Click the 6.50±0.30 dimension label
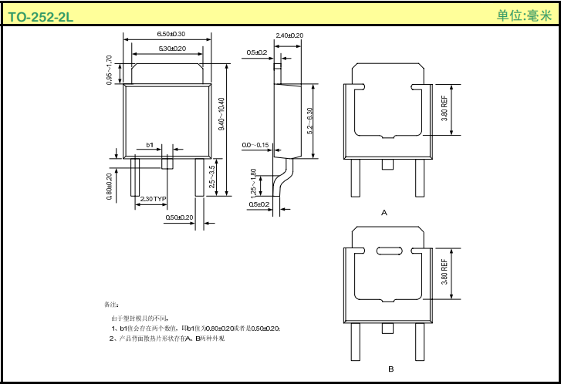171,35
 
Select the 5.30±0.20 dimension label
171,49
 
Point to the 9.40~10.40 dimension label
221,113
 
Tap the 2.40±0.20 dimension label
289,35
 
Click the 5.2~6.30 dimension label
310,122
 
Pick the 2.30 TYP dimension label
154,199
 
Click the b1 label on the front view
150,145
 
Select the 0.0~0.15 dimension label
255,145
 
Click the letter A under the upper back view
384,211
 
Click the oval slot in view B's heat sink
389,250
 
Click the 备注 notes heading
111,304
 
